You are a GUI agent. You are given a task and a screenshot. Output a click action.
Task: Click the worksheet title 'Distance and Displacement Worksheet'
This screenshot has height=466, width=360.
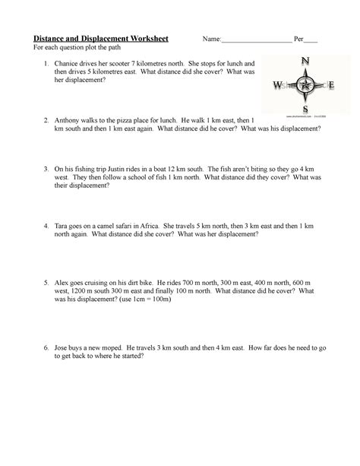pos(99,39)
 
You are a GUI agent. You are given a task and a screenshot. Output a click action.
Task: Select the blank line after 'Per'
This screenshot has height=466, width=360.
pos(311,40)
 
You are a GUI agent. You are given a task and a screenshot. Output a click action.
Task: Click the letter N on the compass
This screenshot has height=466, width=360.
pos(305,61)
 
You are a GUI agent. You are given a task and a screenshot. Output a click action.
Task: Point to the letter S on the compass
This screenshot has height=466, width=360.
pos(305,109)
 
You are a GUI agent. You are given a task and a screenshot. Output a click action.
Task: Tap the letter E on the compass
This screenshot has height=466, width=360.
pos(330,85)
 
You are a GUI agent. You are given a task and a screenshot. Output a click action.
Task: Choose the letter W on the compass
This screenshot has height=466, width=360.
pos(278,85)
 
